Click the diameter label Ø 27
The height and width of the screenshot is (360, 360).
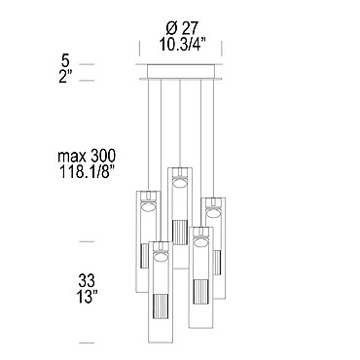(x=181, y=29)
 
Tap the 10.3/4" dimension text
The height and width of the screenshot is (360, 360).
(x=183, y=44)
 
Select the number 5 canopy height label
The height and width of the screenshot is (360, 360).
(x=66, y=60)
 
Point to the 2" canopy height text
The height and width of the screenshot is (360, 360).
(x=65, y=77)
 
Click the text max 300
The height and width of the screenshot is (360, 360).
(x=87, y=157)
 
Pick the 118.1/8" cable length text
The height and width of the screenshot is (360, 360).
(x=87, y=171)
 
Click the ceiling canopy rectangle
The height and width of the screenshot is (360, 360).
(x=181, y=71)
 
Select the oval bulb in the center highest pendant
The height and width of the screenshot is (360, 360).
(x=180, y=183)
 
